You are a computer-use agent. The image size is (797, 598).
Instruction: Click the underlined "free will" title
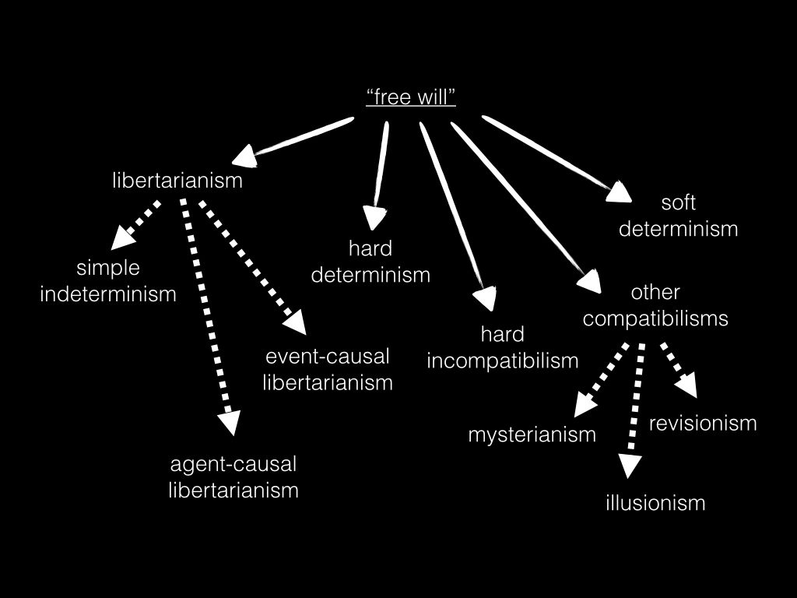click(x=410, y=97)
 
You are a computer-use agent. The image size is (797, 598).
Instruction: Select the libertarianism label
click(x=177, y=181)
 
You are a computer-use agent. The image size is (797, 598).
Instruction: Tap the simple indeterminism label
click(x=108, y=281)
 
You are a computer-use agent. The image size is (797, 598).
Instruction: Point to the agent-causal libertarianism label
click(x=233, y=477)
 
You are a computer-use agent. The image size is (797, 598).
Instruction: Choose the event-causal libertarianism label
click(x=327, y=370)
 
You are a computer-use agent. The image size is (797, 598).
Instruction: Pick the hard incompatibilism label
click(x=502, y=347)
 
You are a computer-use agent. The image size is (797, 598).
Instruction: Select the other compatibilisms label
click(x=655, y=305)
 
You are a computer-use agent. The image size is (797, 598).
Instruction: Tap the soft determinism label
click(x=678, y=216)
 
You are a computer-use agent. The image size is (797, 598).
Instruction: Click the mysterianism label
click(x=532, y=434)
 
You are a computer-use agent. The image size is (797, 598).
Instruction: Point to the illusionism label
click(x=655, y=503)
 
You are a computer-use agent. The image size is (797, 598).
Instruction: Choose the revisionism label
click(x=703, y=423)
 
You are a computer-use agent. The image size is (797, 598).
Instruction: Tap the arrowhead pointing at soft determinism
click(x=619, y=191)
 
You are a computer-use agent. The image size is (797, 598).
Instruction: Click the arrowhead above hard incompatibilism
click(x=485, y=299)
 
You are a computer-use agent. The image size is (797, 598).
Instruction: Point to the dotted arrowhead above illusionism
click(x=630, y=466)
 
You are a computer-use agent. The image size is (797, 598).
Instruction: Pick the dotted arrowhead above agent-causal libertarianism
click(x=228, y=423)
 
